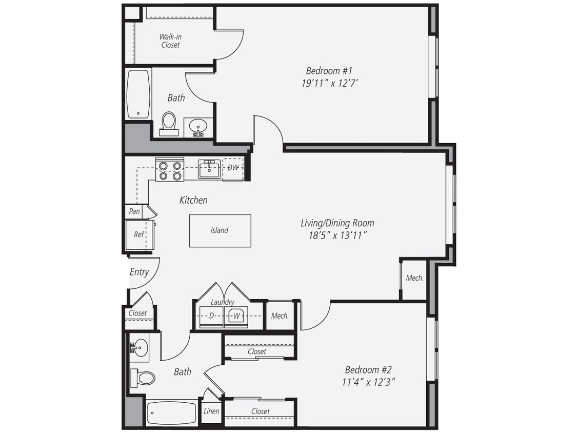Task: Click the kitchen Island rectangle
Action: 220,231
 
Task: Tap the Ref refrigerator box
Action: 139,235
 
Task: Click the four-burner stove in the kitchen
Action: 170,170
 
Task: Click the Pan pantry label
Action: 134,211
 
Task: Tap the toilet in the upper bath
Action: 168,124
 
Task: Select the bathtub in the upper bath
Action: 138,94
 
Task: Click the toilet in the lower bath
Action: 143,378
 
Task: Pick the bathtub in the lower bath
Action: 172,412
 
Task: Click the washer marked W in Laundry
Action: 236,316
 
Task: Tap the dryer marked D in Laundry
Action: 212,316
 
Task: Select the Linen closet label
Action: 211,411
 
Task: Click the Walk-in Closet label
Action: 170,41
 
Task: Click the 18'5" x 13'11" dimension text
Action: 337,235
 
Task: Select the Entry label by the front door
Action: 139,272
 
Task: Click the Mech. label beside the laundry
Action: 280,316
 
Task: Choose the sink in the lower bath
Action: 138,347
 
